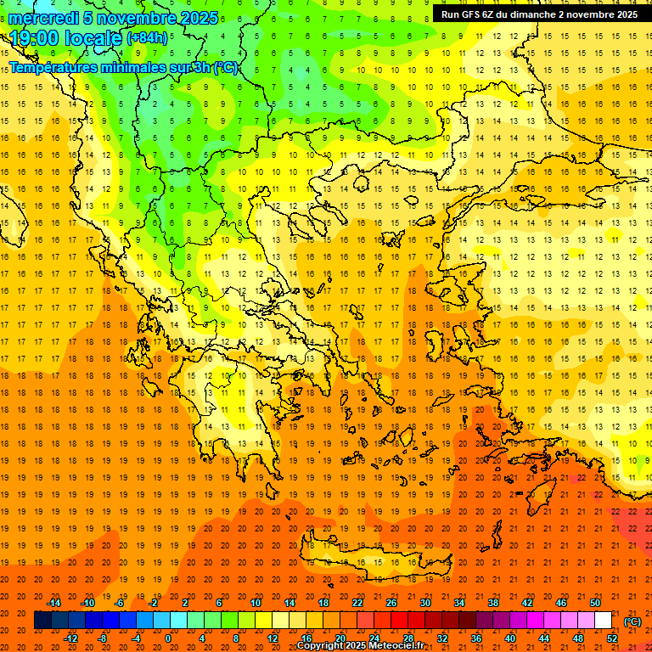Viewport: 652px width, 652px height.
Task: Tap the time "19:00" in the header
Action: pos(37,38)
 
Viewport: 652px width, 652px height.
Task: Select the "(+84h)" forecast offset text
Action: pos(147,38)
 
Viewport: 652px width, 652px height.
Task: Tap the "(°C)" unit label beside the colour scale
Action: pos(632,621)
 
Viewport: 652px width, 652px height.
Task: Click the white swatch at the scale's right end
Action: pos(603,621)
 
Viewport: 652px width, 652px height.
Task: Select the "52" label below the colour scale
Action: pos(612,638)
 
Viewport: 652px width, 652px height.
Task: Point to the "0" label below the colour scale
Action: pos(168,638)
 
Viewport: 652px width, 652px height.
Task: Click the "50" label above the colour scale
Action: pos(595,603)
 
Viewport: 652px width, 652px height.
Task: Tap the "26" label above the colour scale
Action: pos(391,603)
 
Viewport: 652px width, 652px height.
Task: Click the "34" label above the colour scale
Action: pos(459,603)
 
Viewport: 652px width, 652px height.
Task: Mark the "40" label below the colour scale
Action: pos(510,638)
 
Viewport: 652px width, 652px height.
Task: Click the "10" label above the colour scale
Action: pos(256,603)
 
